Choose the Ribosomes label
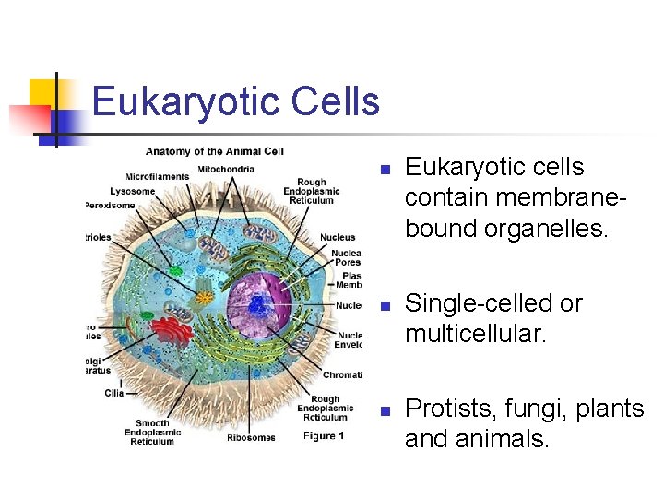click(251, 437)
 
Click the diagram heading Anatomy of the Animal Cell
click(214, 151)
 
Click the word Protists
click(441, 409)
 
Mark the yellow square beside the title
click(43, 92)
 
